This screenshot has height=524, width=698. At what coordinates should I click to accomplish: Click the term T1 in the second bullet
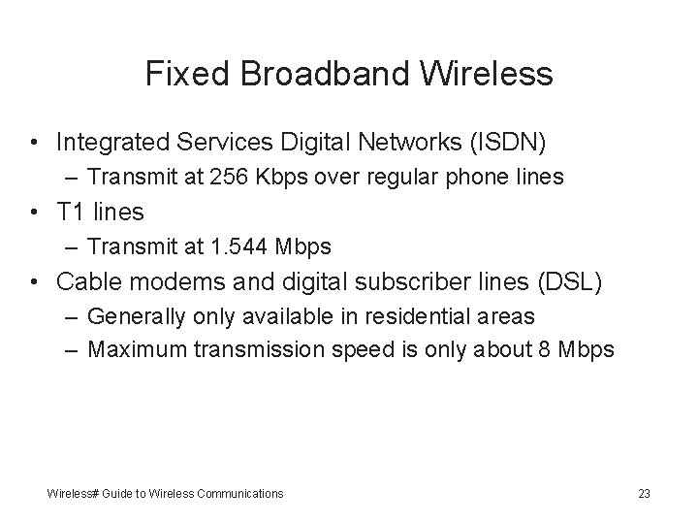coord(74,212)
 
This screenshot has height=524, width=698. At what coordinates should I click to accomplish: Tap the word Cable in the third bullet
coord(85,282)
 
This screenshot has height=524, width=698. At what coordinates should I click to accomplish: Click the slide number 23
coord(644,494)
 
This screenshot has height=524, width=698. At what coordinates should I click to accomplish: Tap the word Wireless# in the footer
coord(75,494)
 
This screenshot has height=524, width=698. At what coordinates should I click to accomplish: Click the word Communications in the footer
coord(241,494)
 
